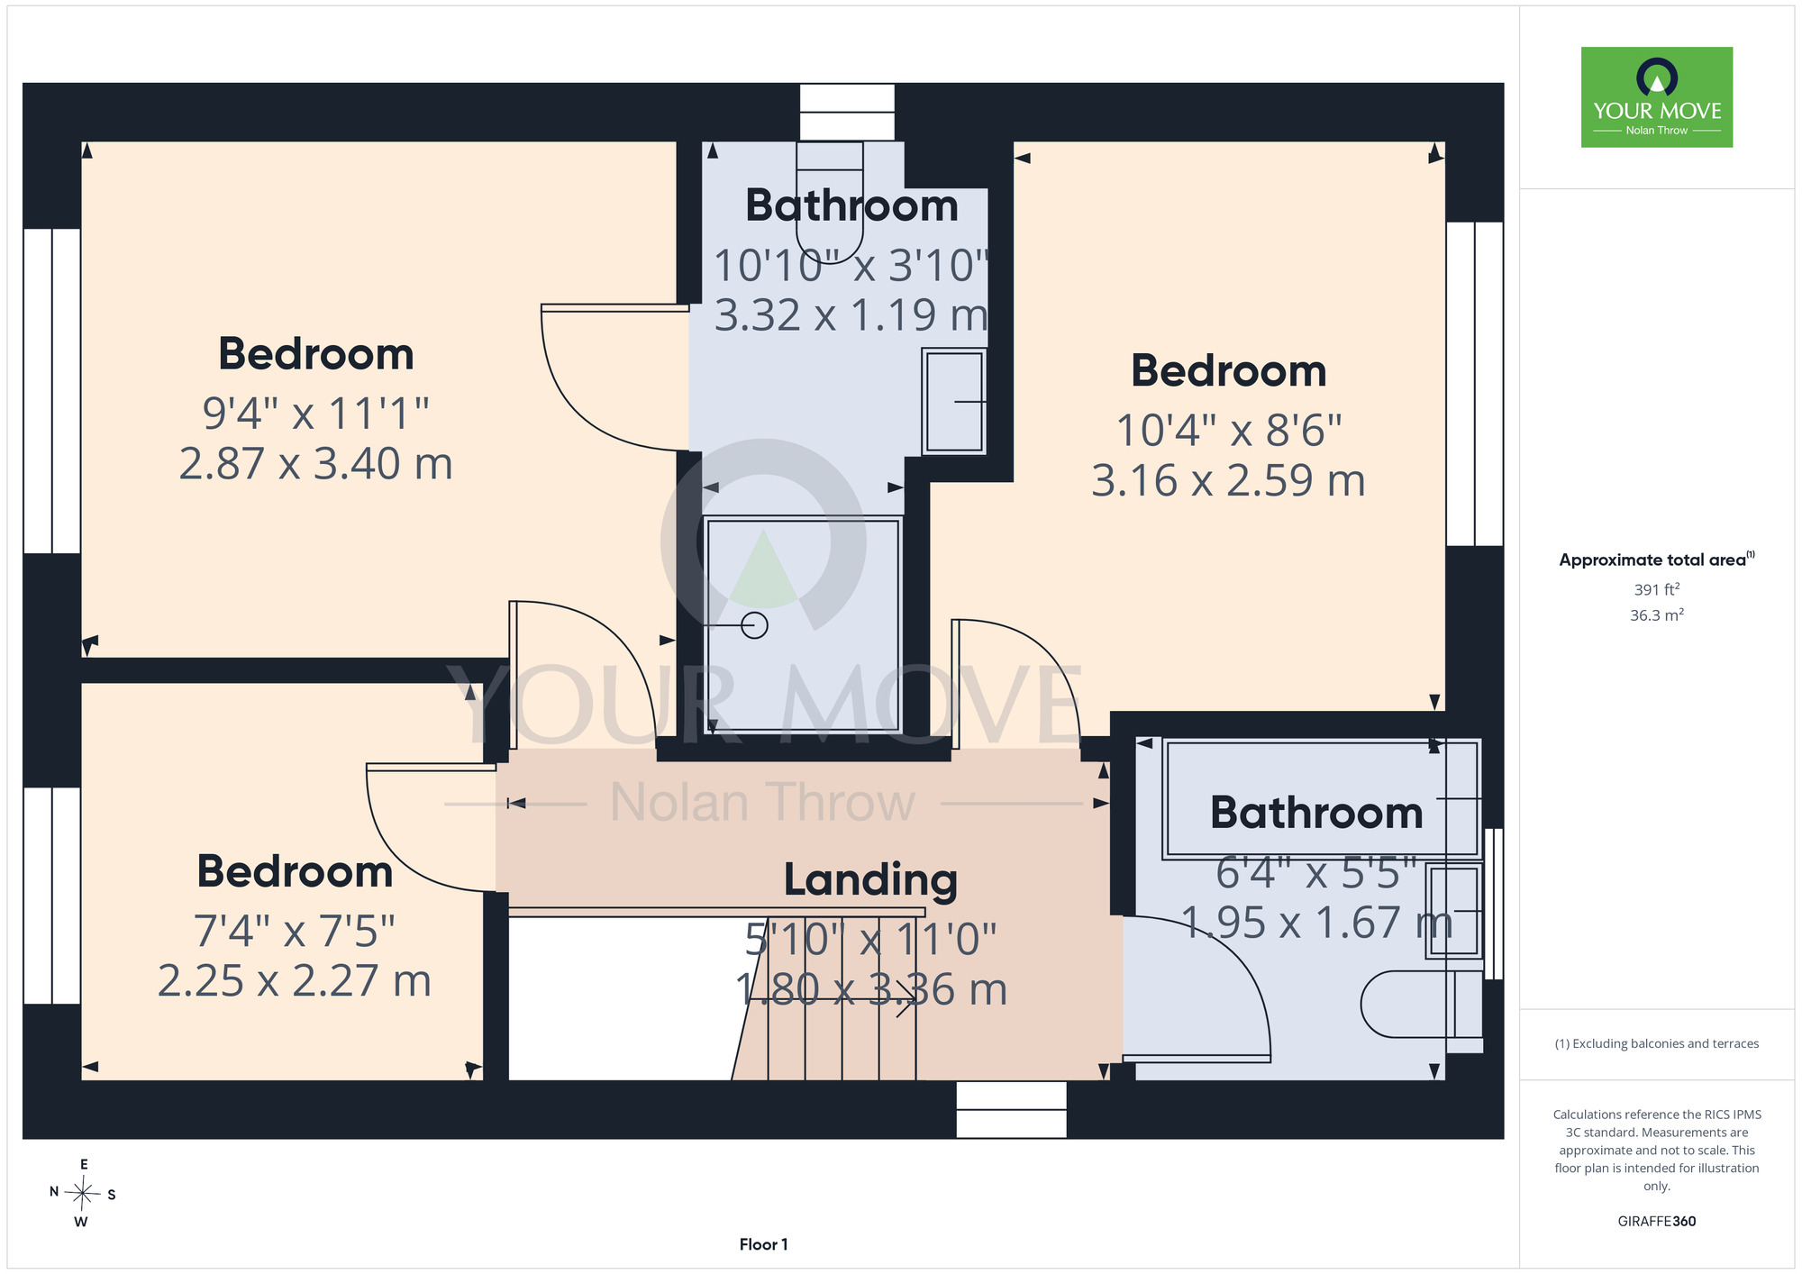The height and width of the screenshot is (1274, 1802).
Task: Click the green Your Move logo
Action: coord(1656,97)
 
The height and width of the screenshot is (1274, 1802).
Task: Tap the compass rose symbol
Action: coord(83,1194)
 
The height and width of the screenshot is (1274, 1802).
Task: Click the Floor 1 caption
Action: coord(763,1244)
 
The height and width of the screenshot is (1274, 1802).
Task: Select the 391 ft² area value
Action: coord(1656,589)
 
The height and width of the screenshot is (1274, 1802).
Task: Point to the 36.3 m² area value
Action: coord(1656,615)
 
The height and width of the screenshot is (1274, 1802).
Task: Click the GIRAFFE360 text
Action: coord(1656,1222)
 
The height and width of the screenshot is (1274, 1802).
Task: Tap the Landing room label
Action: coord(870,880)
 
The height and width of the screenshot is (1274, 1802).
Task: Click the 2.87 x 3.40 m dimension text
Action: coord(315,464)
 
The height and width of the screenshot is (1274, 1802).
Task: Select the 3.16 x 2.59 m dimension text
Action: coord(1228,481)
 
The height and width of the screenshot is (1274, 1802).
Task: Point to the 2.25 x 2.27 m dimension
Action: coord(295,981)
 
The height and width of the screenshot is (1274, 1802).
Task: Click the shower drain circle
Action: coord(754,624)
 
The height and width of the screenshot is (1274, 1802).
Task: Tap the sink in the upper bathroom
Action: coord(954,401)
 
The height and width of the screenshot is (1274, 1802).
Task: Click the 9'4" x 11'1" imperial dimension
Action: coord(315,414)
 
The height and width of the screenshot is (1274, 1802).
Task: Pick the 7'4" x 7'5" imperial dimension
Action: coord(295,931)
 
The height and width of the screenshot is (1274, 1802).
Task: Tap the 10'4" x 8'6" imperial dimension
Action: coord(1228,431)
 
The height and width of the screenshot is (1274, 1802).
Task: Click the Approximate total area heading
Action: coord(1656,560)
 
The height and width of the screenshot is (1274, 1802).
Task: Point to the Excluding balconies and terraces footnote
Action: coord(1656,1043)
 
